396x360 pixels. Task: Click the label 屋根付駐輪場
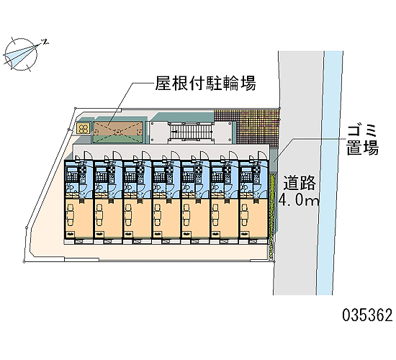click(x=206, y=83)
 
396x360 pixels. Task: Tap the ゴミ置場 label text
click(x=362, y=140)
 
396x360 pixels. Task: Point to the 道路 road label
click(x=300, y=183)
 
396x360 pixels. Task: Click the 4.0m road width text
click(x=299, y=201)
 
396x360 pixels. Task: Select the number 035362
click(x=367, y=315)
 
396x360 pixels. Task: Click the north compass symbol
click(x=22, y=54)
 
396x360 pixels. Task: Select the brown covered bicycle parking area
click(x=118, y=131)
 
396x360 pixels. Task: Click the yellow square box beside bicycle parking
click(x=84, y=129)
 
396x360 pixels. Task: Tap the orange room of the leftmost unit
click(x=78, y=218)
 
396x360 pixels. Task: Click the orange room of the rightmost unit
click(x=253, y=218)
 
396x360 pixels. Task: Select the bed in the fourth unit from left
click(x=158, y=215)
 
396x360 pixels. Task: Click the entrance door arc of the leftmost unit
click(x=86, y=156)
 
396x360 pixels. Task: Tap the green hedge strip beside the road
click(x=272, y=215)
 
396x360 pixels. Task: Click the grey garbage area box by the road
click(x=274, y=160)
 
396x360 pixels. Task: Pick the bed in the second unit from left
click(x=99, y=215)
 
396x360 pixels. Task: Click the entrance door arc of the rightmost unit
click(x=262, y=156)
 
